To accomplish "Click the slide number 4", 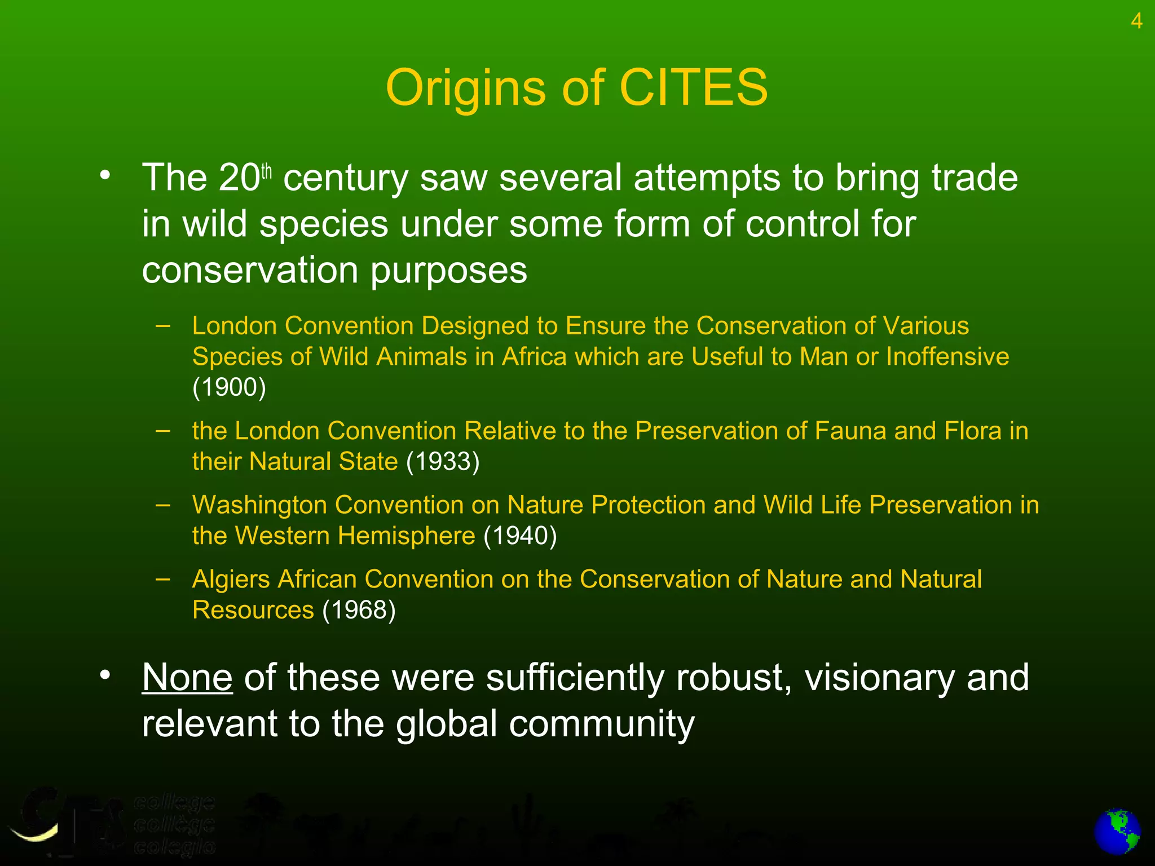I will (1136, 21).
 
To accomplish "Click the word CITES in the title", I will (693, 88).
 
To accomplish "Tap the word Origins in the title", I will (465, 89).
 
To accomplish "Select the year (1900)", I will (229, 387).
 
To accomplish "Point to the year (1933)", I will (443, 462).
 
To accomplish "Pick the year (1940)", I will (520, 536).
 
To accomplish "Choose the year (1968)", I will (359, 610).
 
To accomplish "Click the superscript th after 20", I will (266, 171).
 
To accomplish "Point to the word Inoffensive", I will (947, 357).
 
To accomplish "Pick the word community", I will (602, 724).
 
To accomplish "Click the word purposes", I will (449, 271).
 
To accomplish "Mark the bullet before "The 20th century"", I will (105, 176).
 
